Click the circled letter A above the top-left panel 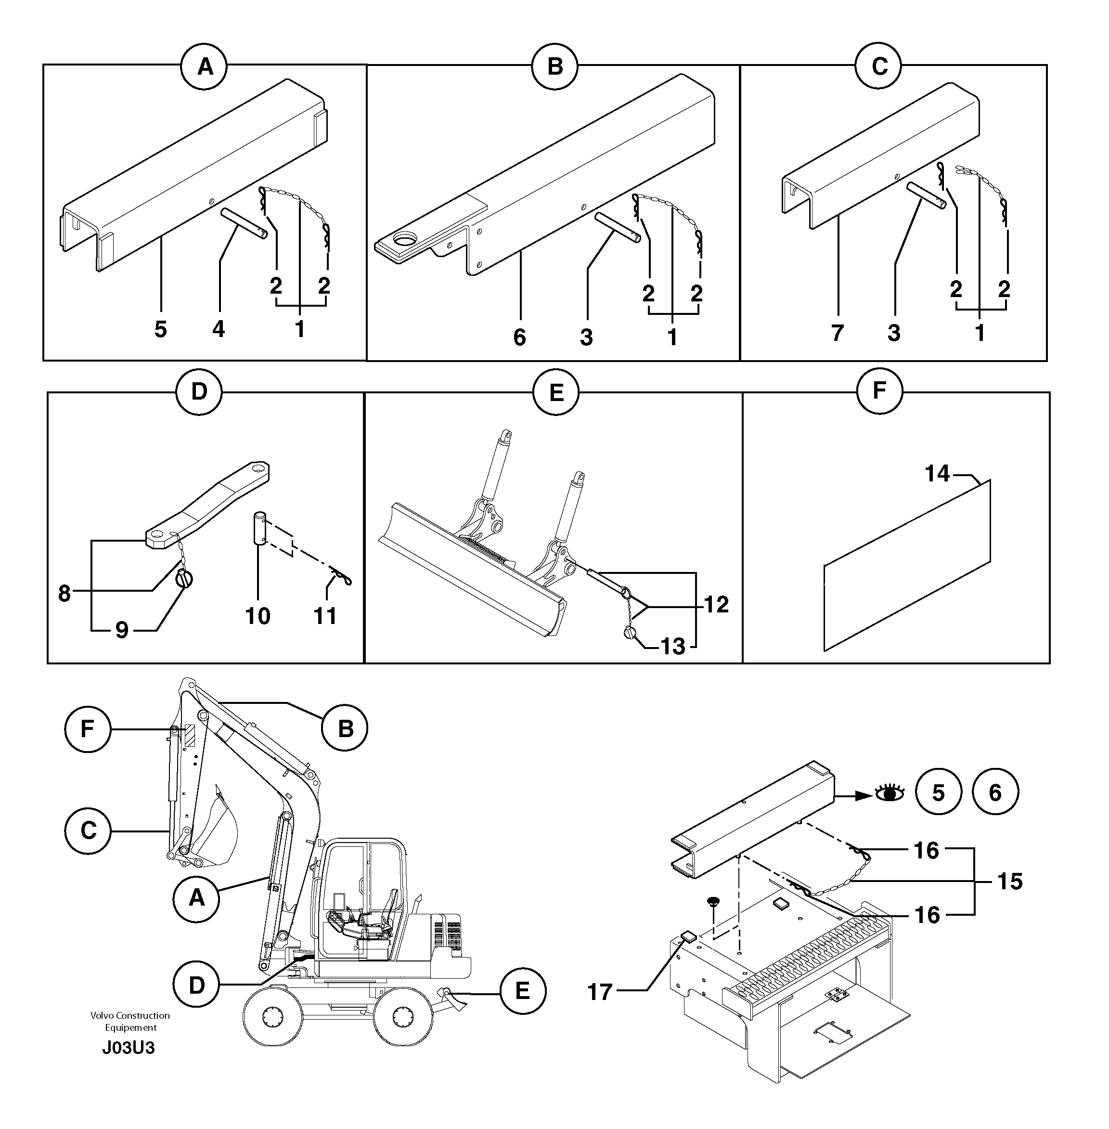[205, 67]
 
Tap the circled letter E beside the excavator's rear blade [522, 990]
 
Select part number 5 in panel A [161, 330]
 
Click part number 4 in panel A [219, 330]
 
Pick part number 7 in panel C [837, 333]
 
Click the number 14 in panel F [937, 474]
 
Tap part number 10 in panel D [258, 616]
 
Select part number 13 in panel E [673, 646]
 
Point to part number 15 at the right [1009, 882]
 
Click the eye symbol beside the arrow [890, 792]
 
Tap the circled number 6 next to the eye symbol [995, 792]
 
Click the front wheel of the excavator [272, 1018]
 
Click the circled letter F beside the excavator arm [88, 729]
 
